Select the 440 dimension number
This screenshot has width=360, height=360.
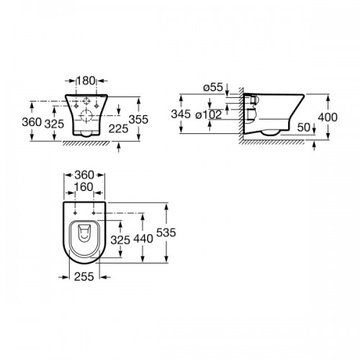point(143,238)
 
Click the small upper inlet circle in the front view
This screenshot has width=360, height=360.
point(85,101)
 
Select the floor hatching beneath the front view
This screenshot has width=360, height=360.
point(85,143)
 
